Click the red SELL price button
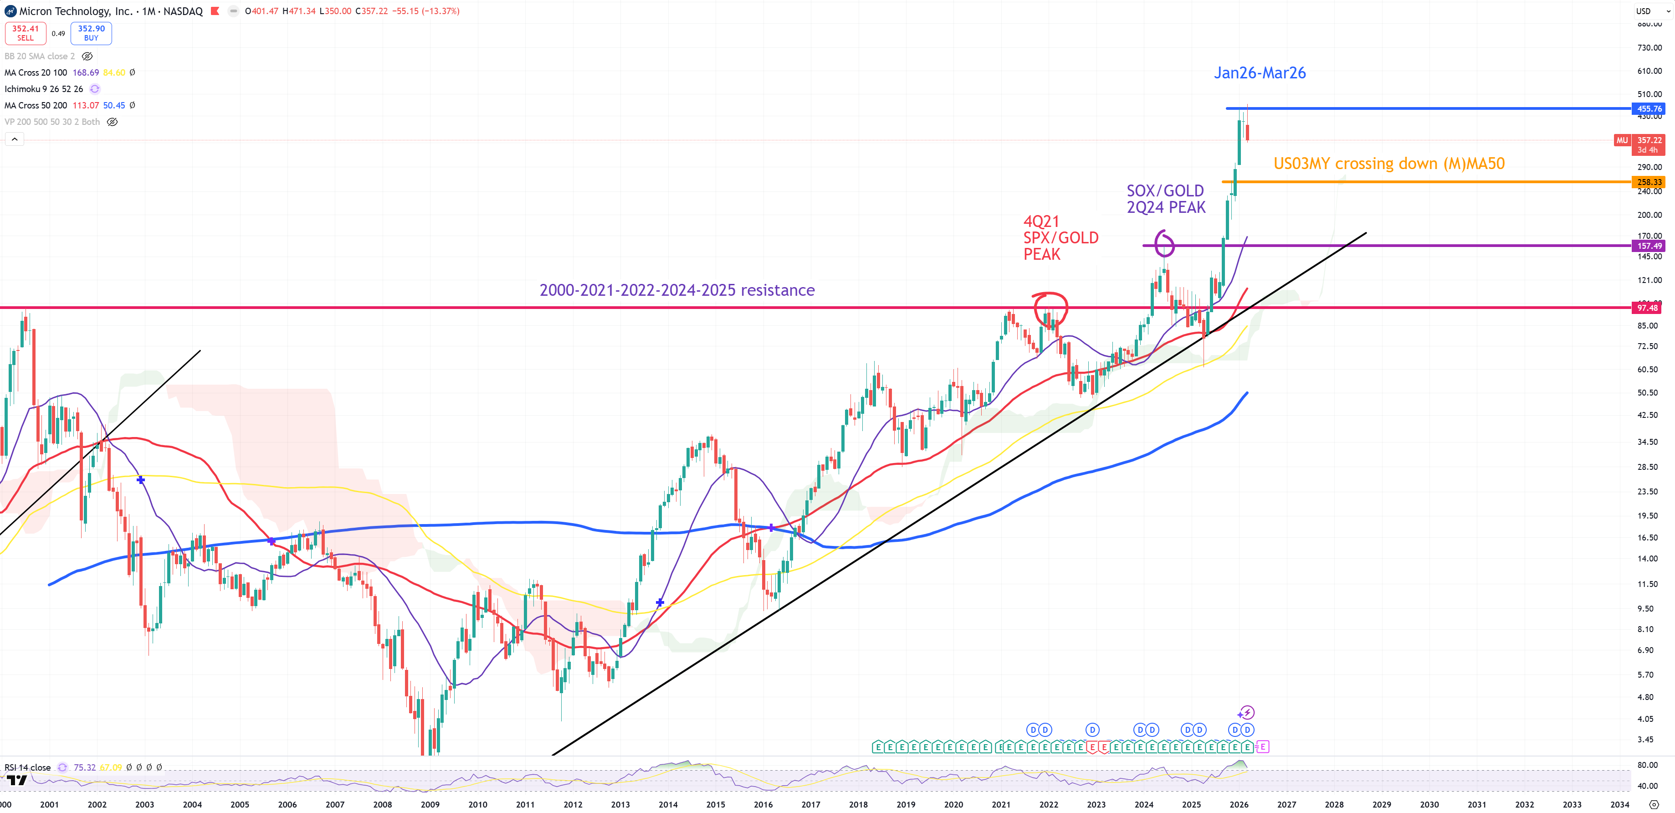click(x=26, y=32)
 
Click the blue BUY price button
click(x=91, y=32)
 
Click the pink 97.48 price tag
click(x=1648, y=308)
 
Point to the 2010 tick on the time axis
click(x=477, y=804)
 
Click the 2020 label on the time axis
click(x=953, y=804)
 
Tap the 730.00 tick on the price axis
click(x=1649, y=47)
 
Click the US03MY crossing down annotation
click(x=1389, y=163)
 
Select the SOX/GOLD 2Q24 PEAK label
click(x=1166, y=199)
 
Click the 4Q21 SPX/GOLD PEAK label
click(x=1060, y=238)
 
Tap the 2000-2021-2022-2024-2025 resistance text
click(x=677, y=290)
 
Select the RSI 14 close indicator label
click(x=27, y=767)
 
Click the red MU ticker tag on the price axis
click(x=1622, y=140)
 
